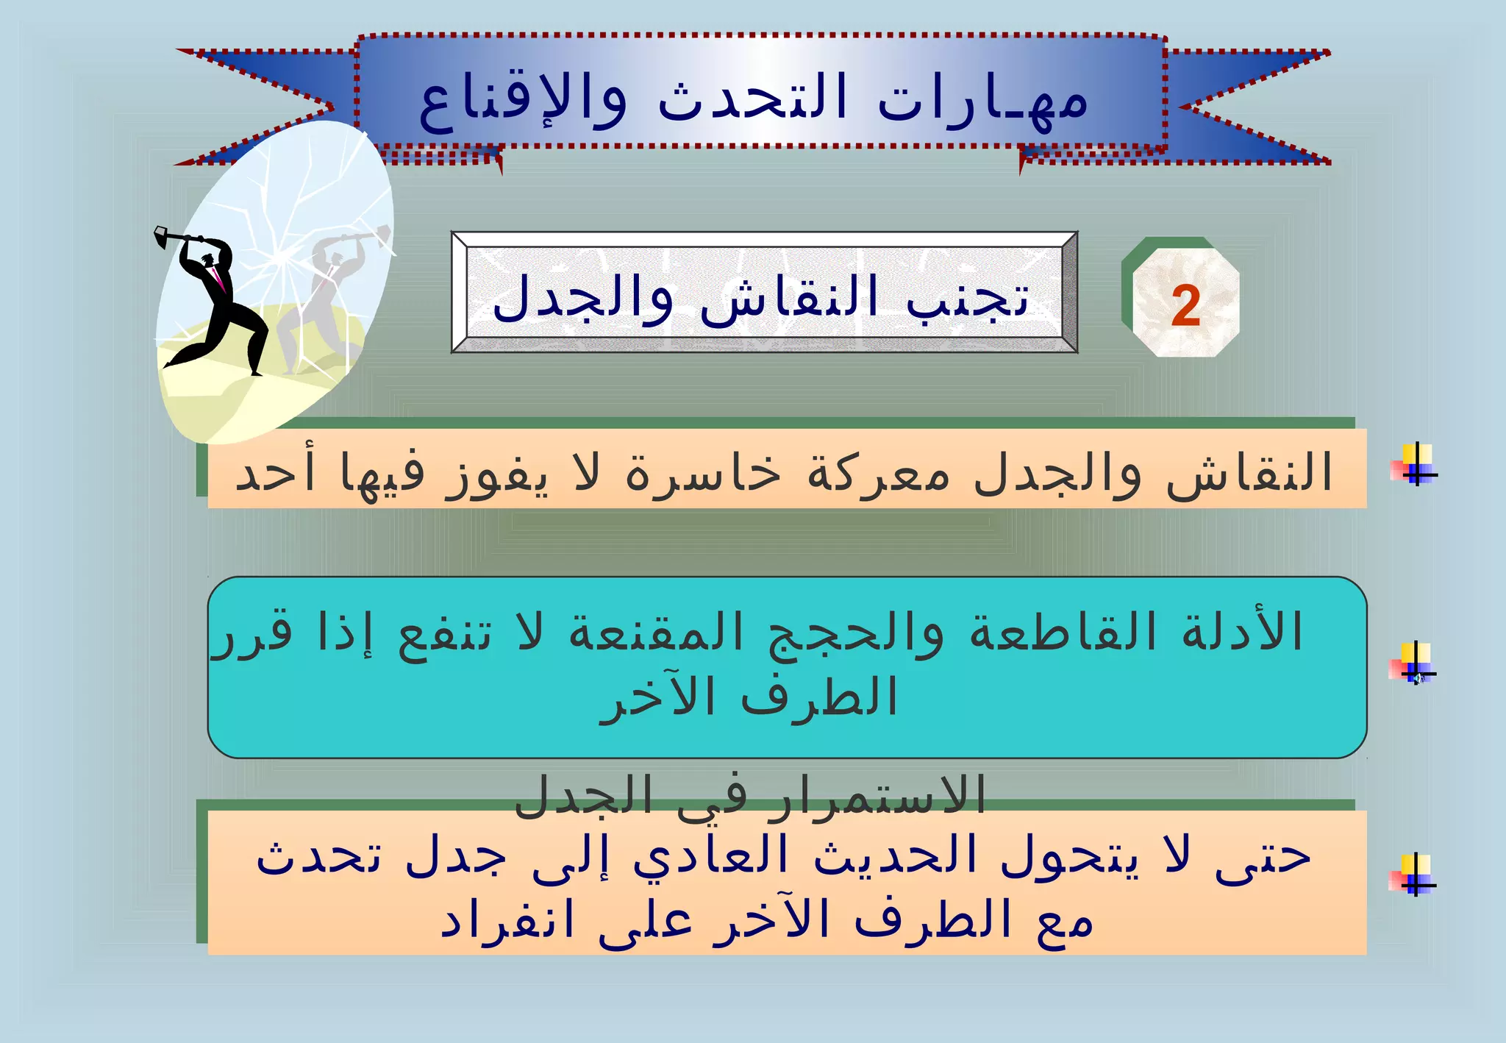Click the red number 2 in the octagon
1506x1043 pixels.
[1185, 306]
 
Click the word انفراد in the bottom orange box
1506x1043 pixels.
[507, 921]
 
